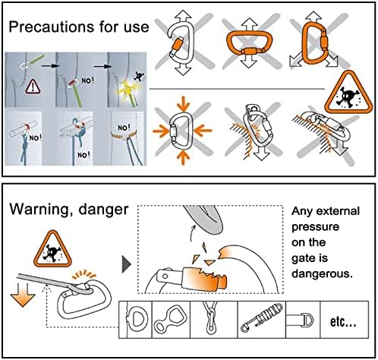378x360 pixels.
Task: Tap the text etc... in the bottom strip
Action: click(343, 322)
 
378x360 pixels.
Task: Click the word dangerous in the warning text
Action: click(322, 273)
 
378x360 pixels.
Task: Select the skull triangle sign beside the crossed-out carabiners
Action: click(348, 94)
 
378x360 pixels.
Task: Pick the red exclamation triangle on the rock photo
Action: click(33, 87)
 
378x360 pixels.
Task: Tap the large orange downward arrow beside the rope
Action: click(23, 295)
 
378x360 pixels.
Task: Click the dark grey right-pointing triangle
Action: click(127, 264)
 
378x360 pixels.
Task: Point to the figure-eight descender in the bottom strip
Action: click(171, 320)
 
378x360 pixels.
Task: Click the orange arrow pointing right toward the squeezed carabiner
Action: click(161, 131)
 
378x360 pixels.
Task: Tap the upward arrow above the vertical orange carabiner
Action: click(313, 17)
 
